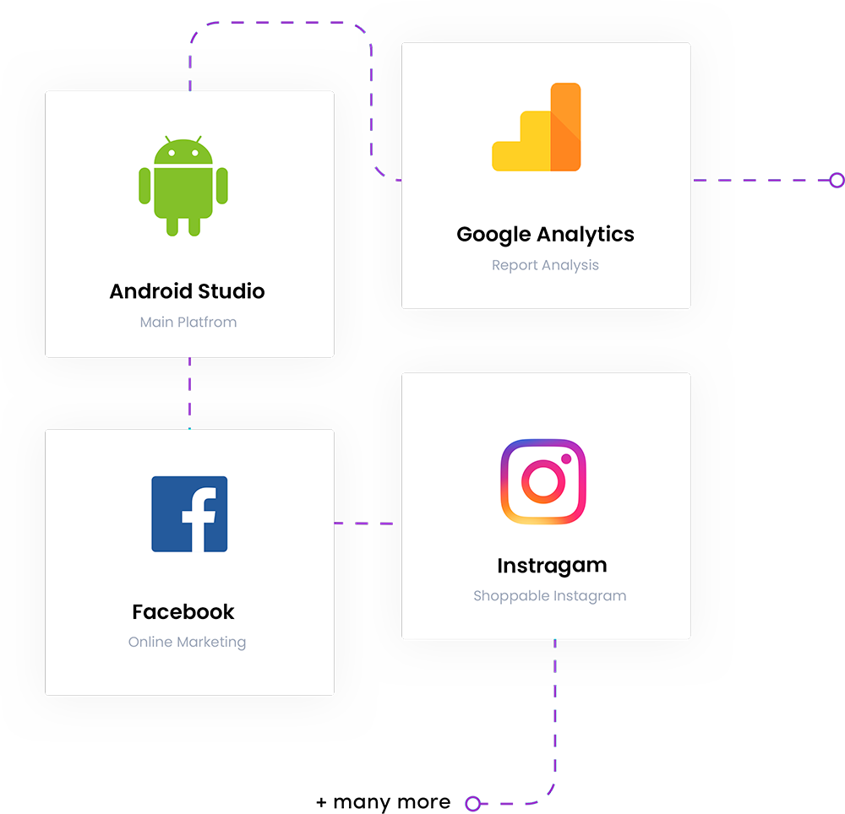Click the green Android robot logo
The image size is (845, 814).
pyautogui.click(x=183, y=186)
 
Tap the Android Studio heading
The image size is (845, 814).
pyautogui.click(x=187, y=291)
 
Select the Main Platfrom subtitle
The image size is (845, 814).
pyautogui.click(x=188, y=322)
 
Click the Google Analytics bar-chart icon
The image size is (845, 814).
pyautogui.click(x=537, y=128)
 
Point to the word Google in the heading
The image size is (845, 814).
pyautogui.click(x=494, y=235)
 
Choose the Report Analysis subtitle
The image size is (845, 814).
pyautogui.click(x=545, y=265)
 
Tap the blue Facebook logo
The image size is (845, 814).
pyautogui.click(x=189, y=514)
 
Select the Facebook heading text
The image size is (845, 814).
pyautogui.click(x=183, y=611)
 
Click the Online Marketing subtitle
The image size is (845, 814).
pyautogui.click(x=187, y=642)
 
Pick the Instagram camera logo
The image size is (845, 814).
pyautogui.click(x=542, y=481)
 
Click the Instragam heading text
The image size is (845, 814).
pyautogui.click(x=552, y=565)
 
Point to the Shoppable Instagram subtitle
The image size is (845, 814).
pyautogui.click(x=549, y=595)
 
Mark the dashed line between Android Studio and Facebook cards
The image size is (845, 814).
pyautogui.click(x=189, y=393)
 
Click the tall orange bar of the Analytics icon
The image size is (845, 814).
pyautogui.click(x=565, y=127)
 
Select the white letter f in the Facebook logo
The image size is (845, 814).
pyautogui.click(x=198, y=518)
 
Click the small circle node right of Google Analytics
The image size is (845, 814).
pyautogui.click(x=836, y=180)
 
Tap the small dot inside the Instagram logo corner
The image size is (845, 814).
pyautogui.click(x=566, y=459)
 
